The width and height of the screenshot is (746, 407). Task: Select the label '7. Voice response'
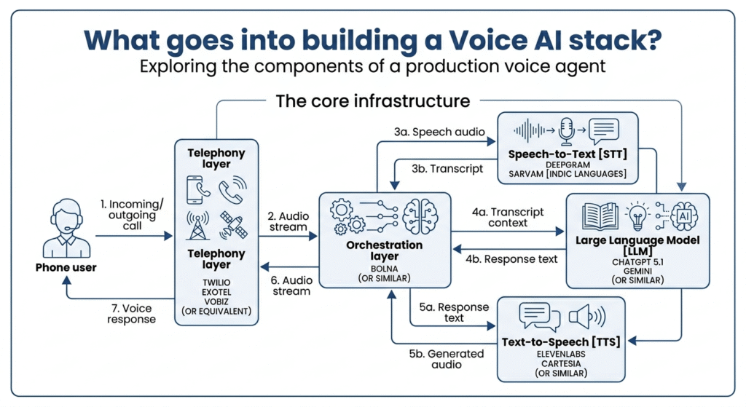tap(131, 313)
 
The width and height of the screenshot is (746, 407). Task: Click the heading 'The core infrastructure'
tap(373, 100)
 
